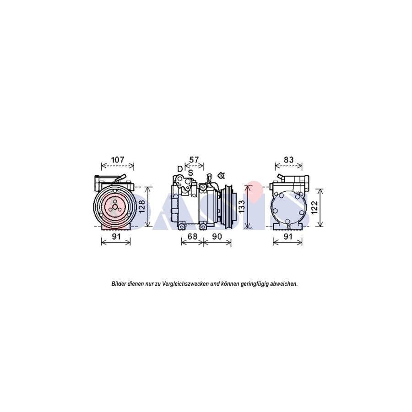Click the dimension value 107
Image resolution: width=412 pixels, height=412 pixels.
click(x=118, y=160)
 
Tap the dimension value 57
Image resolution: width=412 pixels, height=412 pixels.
click(x=194, y=160)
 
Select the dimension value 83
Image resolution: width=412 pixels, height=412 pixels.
click(x=288, y=160)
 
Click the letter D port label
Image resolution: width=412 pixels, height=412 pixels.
click(x=180, y=169)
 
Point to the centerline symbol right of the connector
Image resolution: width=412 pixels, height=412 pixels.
click(x=222, y=175)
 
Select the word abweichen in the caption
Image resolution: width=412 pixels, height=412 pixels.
click(x=283, y=284)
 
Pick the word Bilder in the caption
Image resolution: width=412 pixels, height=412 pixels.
click(x=119, y=284)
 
